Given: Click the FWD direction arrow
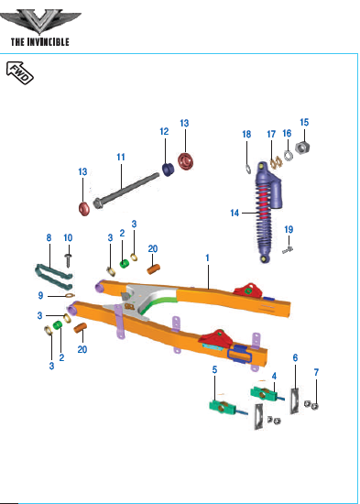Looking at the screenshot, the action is pyautogui.click(x=20, y=73).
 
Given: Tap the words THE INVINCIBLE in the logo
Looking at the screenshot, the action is pyautogui.click(x=40, y=42).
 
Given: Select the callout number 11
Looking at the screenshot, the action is pyautogui.click(x=121, y=158).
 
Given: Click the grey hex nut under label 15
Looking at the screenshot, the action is pyautogui.click(x=302, y=148).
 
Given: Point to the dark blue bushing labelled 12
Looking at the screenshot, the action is pyautogui.click(x=168, y=170).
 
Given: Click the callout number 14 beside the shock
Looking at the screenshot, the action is pyautogui.click(x=235, y=213).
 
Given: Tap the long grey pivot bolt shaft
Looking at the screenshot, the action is pyautogui.click(x=126, y=190).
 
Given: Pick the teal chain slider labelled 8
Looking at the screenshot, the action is pyautogui.click(x=54, y=276).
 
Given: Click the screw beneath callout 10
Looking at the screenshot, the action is pyautogui.click(x=68, y=260).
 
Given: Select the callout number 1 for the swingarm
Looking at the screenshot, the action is pyautogui.click(x=208, y=257).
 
